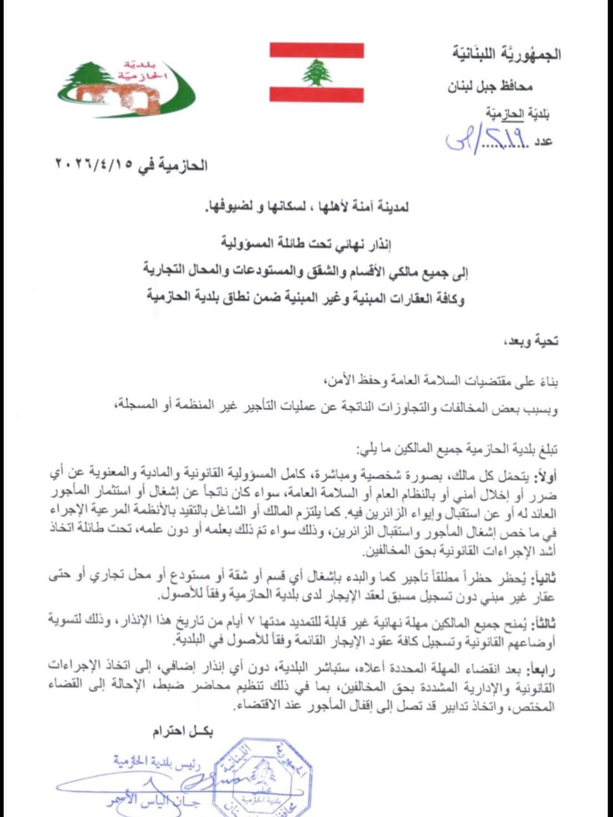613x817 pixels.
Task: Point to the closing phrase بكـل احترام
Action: coord(181,732)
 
